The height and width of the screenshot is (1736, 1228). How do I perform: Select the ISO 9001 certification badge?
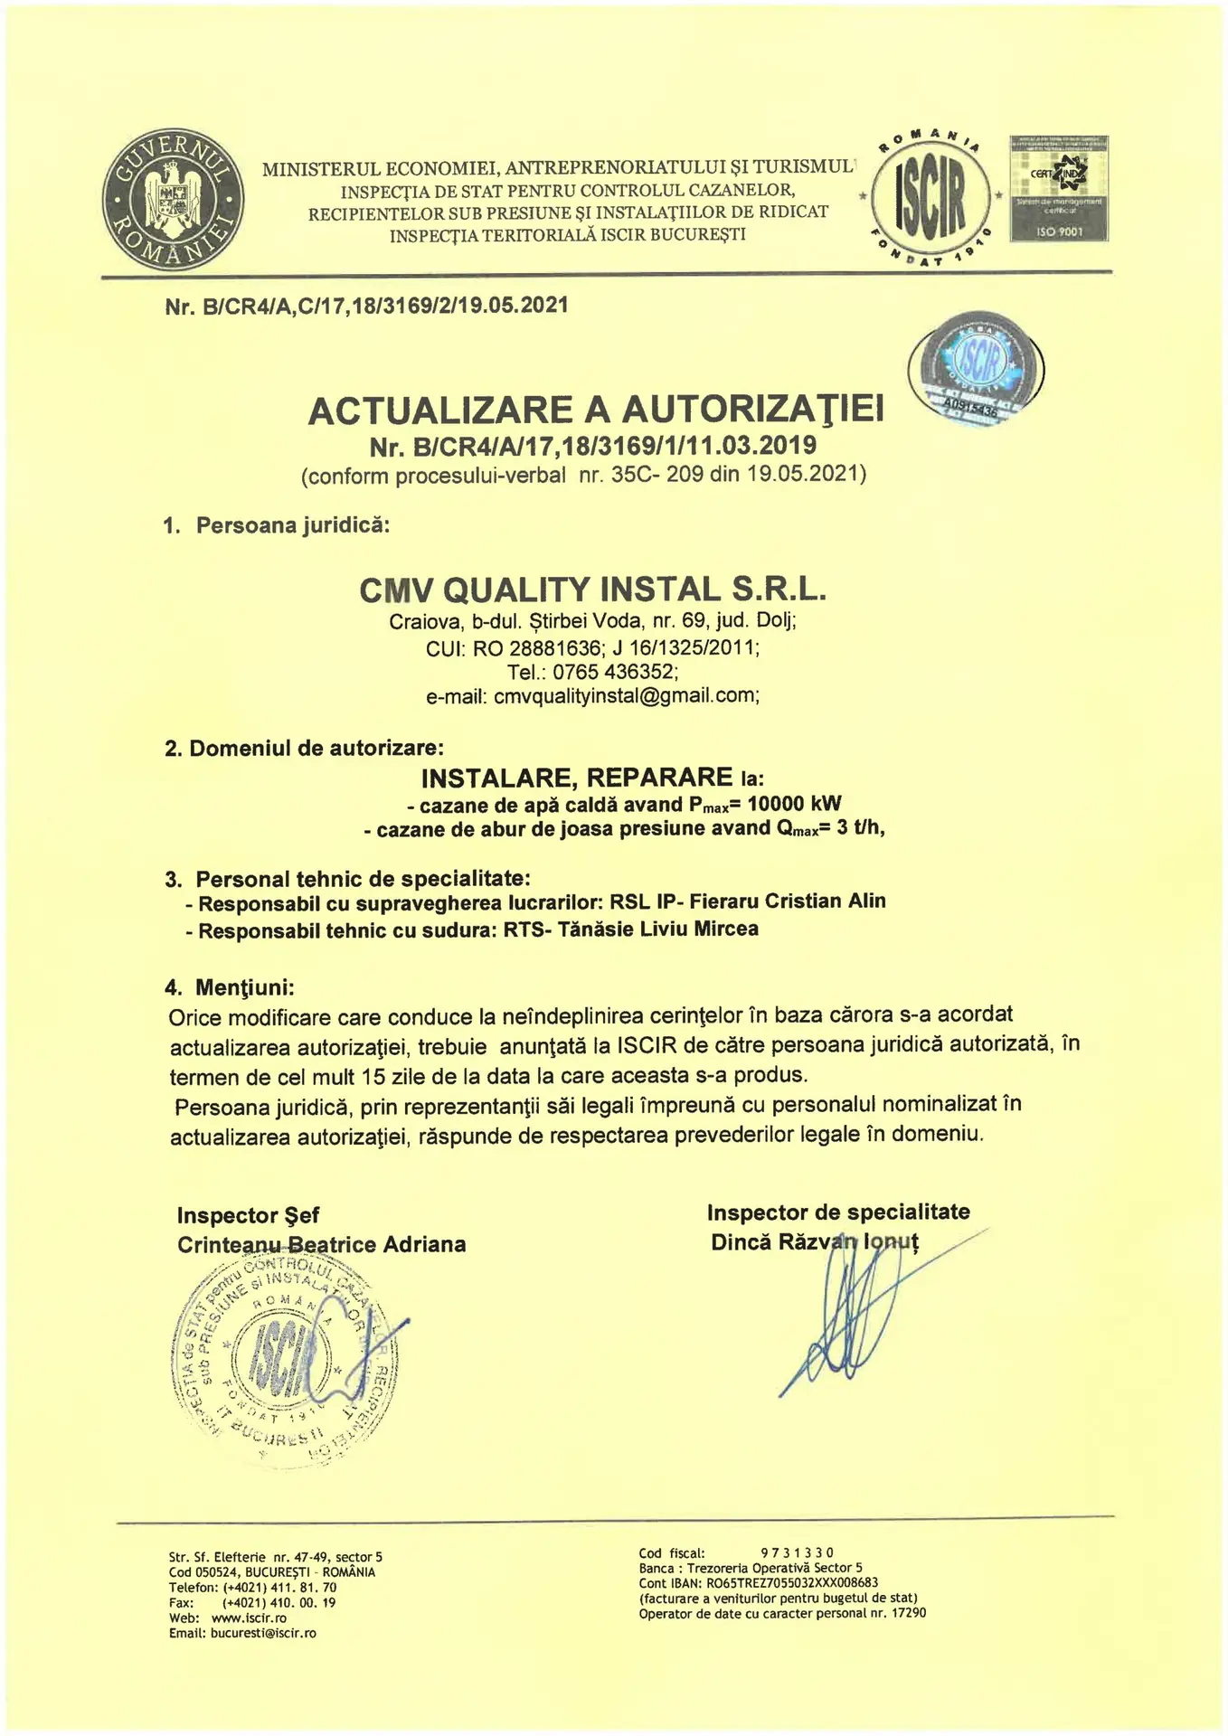[1058, 190]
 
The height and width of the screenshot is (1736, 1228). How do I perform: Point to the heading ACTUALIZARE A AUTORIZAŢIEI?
[596, 411]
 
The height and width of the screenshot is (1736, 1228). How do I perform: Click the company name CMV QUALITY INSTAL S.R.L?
[593, 590]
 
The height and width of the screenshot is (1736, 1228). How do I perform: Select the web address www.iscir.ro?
[249, 1618]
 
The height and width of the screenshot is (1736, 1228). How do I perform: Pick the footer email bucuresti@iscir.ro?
[262, 1633]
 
